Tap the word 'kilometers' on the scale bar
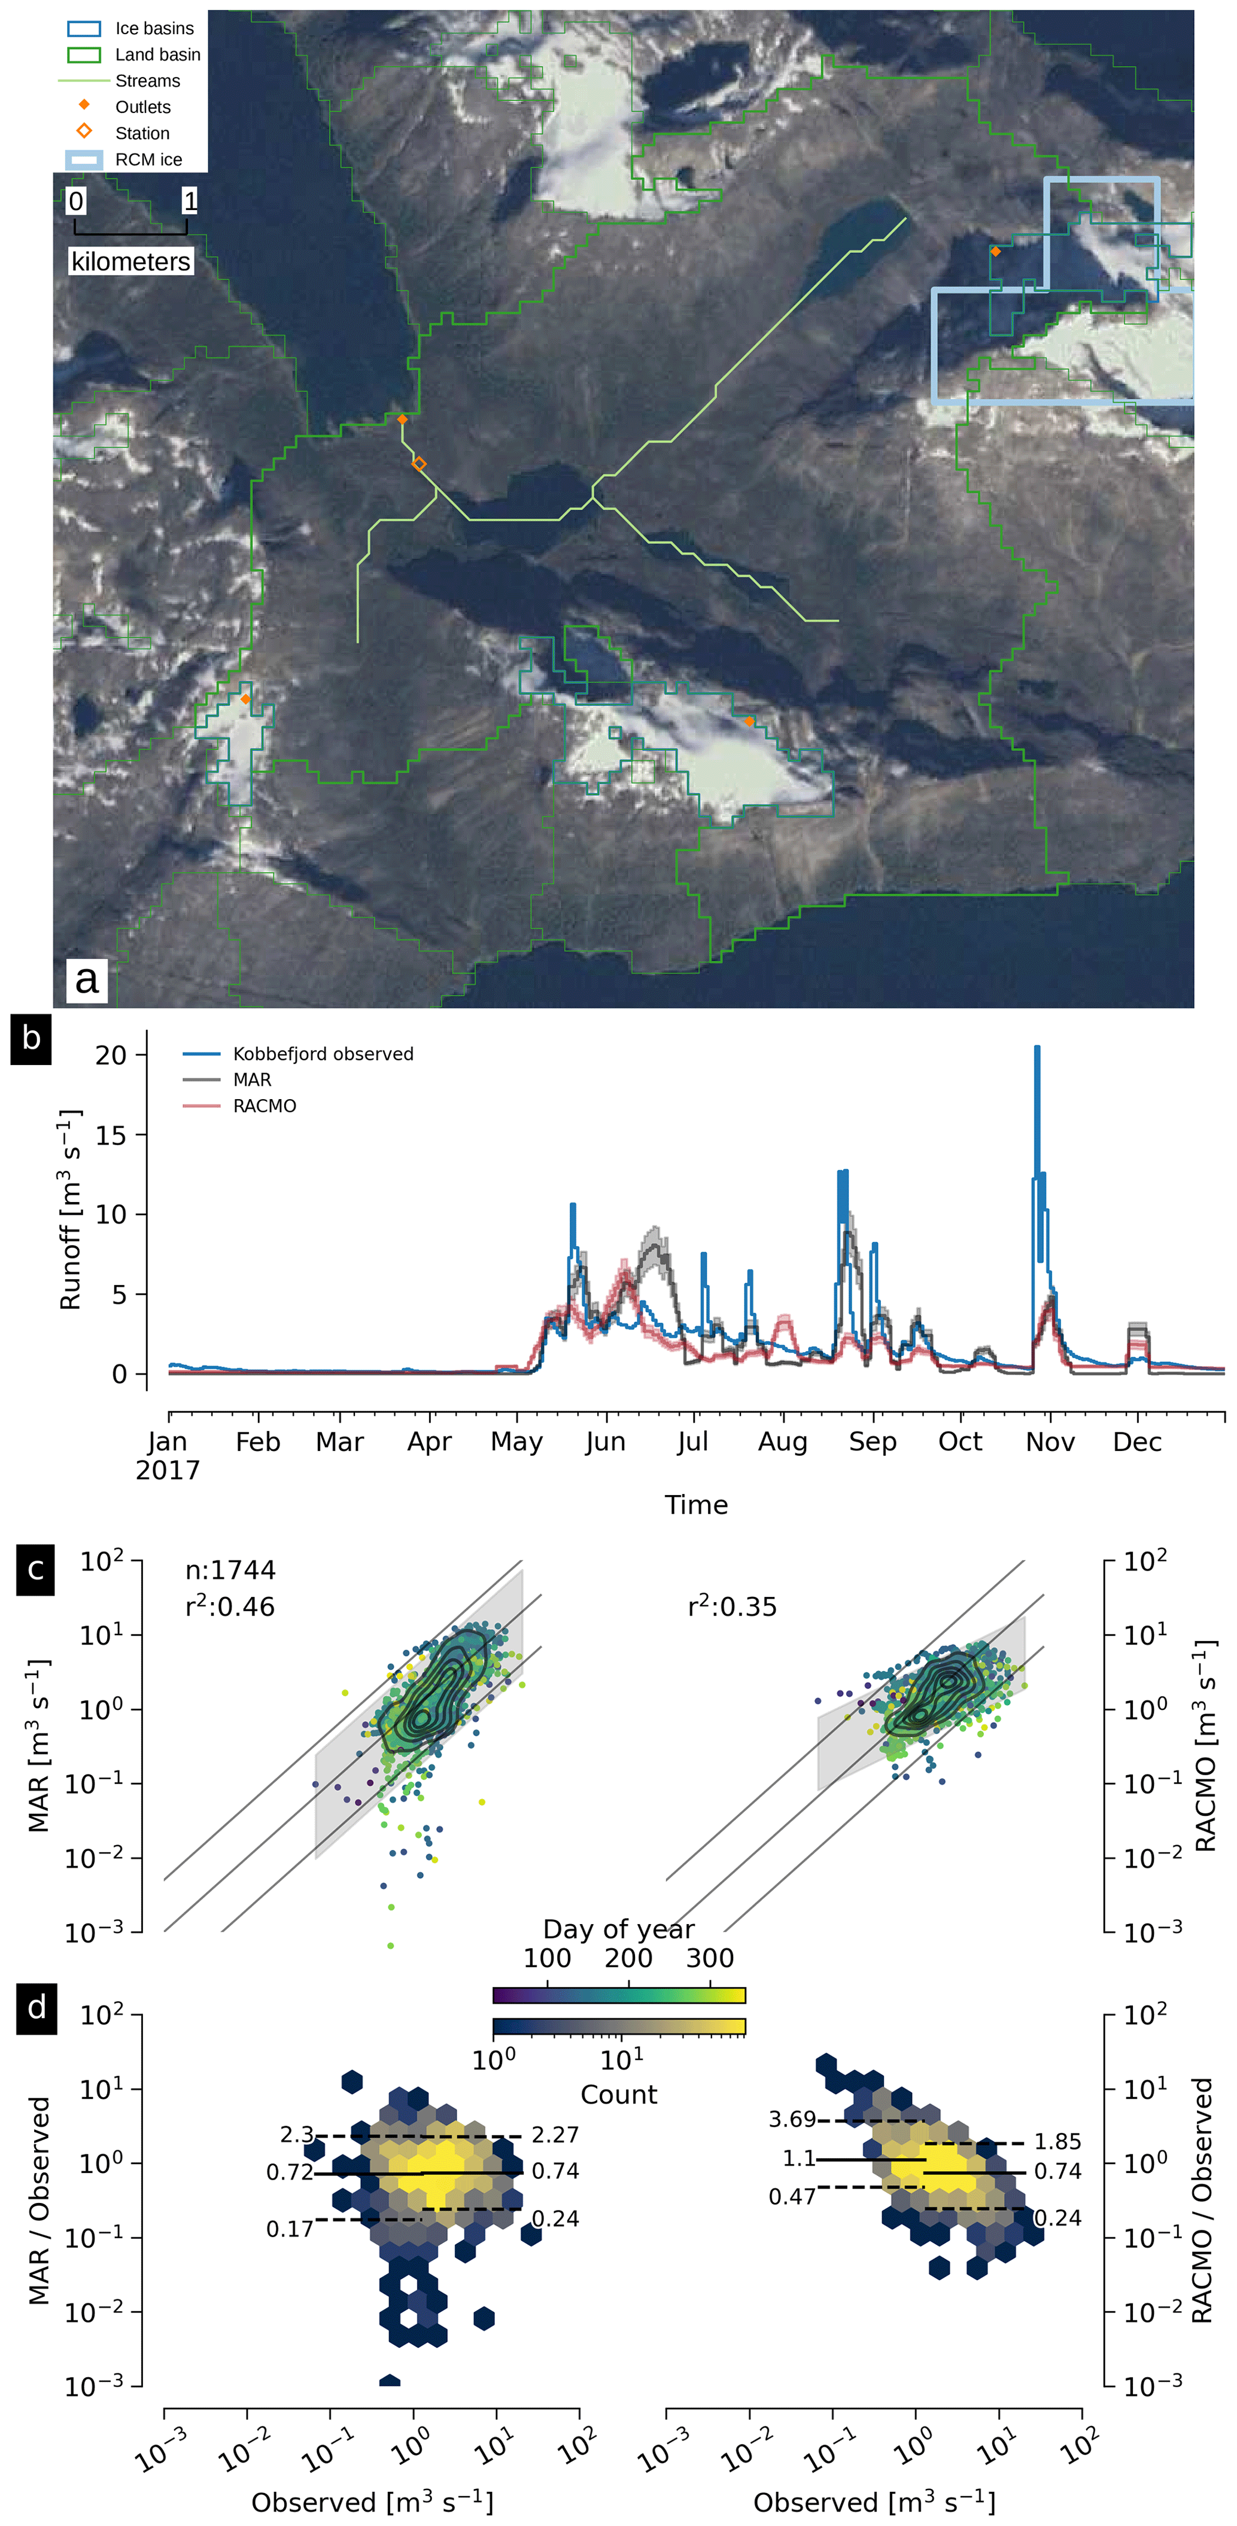click(x=130, y=262)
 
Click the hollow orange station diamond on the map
click(x=419, y=464)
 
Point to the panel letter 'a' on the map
click(x=86, y=979)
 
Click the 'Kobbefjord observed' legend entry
click(x=323, y=1054)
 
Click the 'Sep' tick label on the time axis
click(x=872, y=1442)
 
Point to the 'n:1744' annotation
click(x=230, y=1570)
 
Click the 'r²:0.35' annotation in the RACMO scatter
click(x=732, y=1606)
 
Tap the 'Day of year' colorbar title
click(x=618, y=1930)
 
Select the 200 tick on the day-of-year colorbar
click(x=628, y=1958)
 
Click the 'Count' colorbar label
click(x=618, y=2095)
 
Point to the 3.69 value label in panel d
click(x=792, y=2120)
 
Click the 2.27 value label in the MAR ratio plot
click(x=555, y=2135)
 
